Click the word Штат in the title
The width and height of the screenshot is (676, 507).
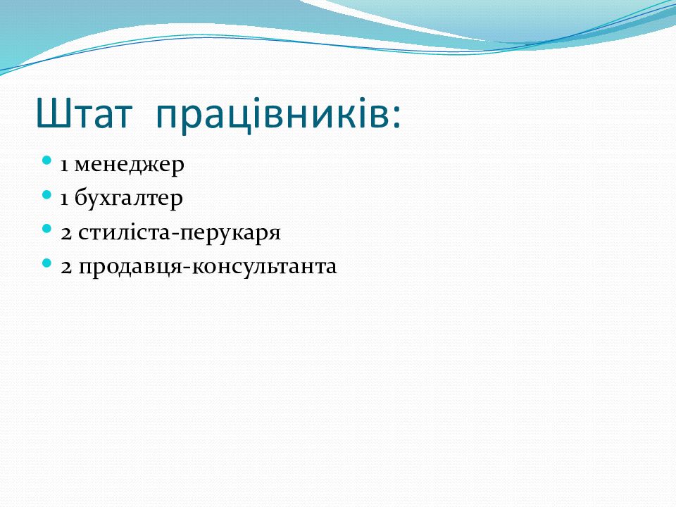(84, 113)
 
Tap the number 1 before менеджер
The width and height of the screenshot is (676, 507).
(64, 165)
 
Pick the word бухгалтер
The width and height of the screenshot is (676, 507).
(128, 199)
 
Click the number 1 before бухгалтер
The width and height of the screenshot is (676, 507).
(64, 199)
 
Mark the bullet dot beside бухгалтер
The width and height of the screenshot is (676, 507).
(47, 195)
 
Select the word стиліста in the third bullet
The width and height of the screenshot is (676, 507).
(125, 233)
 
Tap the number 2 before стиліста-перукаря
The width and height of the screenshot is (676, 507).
(66, 233)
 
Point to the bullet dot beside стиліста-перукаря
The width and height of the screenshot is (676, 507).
(47, 228)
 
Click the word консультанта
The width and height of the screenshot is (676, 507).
(264, 268)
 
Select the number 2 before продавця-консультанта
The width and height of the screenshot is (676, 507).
(66, 267)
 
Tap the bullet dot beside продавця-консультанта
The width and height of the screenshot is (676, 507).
(47, 263)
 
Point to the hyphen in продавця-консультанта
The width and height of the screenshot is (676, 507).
(187, 268)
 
